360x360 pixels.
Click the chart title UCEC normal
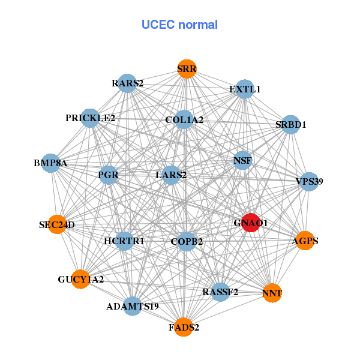point(179,25)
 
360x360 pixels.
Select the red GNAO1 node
point(250,223)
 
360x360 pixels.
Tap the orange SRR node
point(187,69)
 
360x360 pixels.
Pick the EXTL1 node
point(244,89)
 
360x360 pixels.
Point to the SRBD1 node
point(290,125)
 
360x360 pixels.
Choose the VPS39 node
point(308,181)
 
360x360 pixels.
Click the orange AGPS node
point(305,241)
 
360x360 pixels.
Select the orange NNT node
point(272,293)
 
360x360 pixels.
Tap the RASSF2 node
point(220,292)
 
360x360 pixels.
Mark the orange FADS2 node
point(184,327)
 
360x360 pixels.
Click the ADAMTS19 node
point(132,306)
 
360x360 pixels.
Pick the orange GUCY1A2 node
point(80,279)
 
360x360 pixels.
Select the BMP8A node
point(50,163)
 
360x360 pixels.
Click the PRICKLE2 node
point(91,118)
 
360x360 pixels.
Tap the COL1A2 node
point(184,120)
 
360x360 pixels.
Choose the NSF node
point(242,160)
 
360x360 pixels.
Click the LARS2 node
point(171,175)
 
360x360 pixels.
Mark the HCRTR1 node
point(124,241)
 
